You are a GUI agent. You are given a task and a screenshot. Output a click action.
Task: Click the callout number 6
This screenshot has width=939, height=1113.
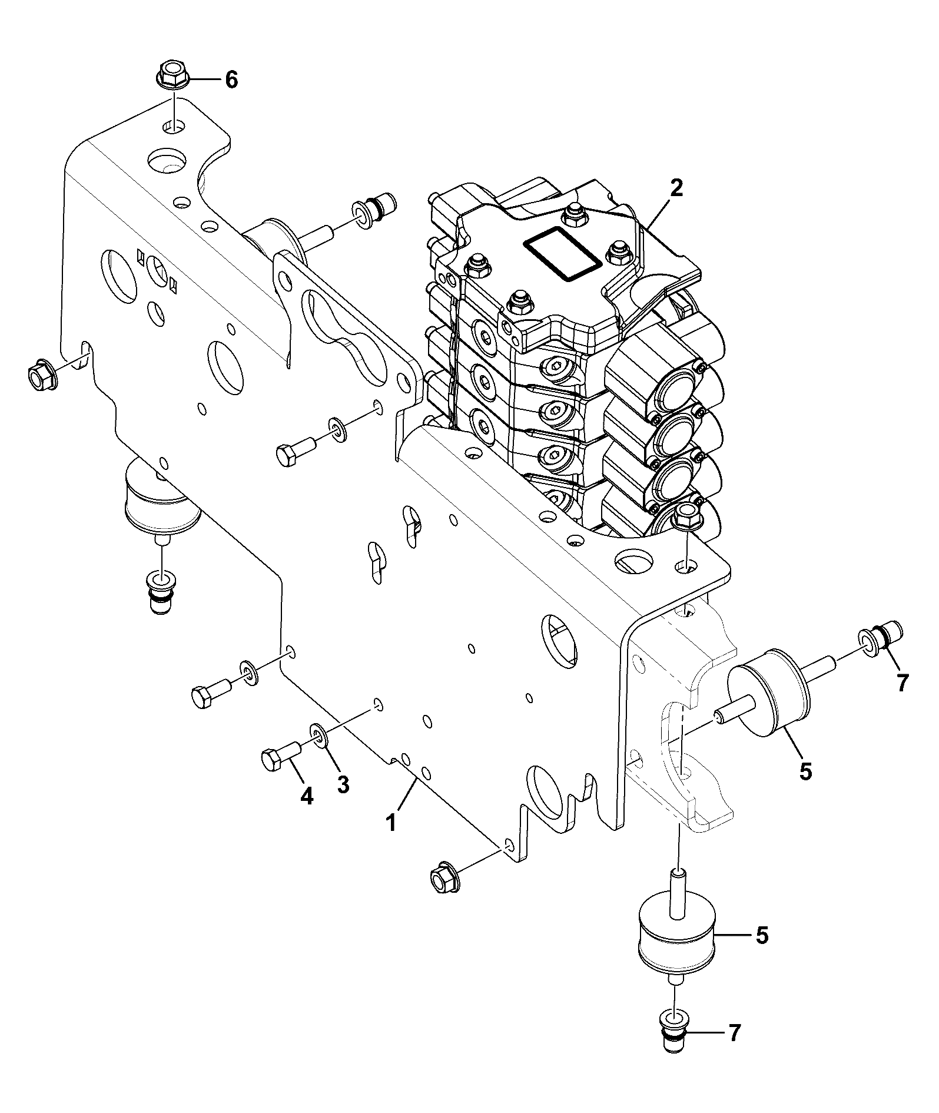point(231,79)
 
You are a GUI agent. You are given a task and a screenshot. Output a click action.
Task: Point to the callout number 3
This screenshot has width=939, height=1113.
point(343,784)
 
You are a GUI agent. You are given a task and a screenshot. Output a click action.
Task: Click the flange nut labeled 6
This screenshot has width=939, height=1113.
point(171,76)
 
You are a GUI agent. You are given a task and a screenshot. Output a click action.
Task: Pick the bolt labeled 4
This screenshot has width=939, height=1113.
point(280,756)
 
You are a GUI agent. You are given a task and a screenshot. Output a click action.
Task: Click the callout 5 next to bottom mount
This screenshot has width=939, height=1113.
point(762,936)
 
